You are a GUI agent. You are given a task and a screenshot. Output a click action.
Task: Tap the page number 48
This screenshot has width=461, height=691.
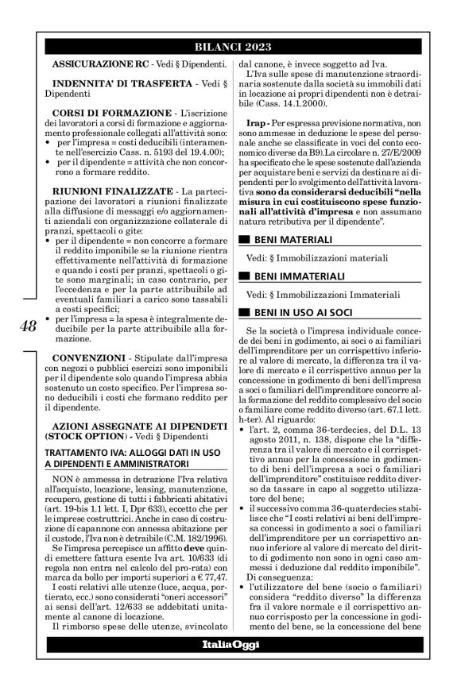pos(27,326)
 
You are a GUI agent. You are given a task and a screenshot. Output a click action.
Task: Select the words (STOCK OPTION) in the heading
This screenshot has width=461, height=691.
pos(87,436)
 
